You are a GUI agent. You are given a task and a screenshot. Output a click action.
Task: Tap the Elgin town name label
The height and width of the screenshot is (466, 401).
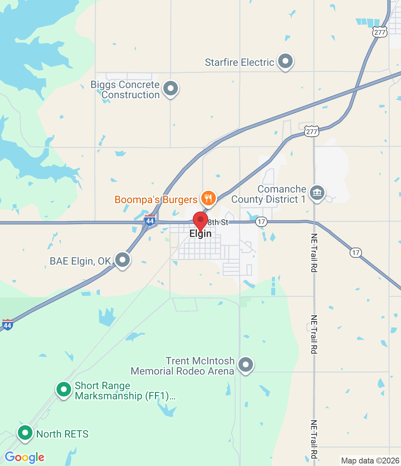200,234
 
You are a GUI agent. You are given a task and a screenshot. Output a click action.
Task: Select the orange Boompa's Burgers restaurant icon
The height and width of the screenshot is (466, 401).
208,198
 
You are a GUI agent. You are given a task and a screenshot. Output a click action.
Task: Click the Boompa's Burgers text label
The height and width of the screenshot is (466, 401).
156,200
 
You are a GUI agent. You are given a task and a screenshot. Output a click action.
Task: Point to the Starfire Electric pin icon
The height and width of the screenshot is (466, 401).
285,61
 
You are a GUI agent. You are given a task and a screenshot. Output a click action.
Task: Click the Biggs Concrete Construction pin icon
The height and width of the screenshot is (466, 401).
170,88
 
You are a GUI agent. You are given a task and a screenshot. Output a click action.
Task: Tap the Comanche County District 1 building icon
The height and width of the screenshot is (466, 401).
317,193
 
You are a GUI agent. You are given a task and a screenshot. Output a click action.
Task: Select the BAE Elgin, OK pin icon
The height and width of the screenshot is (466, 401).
122,260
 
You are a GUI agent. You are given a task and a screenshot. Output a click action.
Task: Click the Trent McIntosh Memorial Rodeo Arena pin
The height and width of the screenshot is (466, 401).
245,364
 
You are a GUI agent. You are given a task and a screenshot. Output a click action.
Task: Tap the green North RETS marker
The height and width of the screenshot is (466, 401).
25,433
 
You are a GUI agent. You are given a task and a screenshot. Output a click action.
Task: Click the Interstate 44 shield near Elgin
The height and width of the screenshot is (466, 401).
150,220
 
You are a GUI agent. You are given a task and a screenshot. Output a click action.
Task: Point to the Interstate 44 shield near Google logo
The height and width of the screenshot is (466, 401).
7,324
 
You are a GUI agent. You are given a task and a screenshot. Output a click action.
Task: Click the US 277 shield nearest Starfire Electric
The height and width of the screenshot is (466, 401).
379,32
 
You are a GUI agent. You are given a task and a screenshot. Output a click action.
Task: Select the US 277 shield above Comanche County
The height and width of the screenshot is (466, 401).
311,131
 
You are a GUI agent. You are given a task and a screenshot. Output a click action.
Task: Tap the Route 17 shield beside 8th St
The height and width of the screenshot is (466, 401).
261,222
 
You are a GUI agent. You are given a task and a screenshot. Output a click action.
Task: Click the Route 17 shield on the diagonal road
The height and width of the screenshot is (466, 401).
356,252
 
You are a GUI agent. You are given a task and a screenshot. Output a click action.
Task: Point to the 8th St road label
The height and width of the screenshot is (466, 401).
218,222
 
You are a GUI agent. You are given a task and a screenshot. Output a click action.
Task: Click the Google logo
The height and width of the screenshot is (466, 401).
24,457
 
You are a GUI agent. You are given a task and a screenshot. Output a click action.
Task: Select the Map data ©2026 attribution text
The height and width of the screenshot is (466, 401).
370,461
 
